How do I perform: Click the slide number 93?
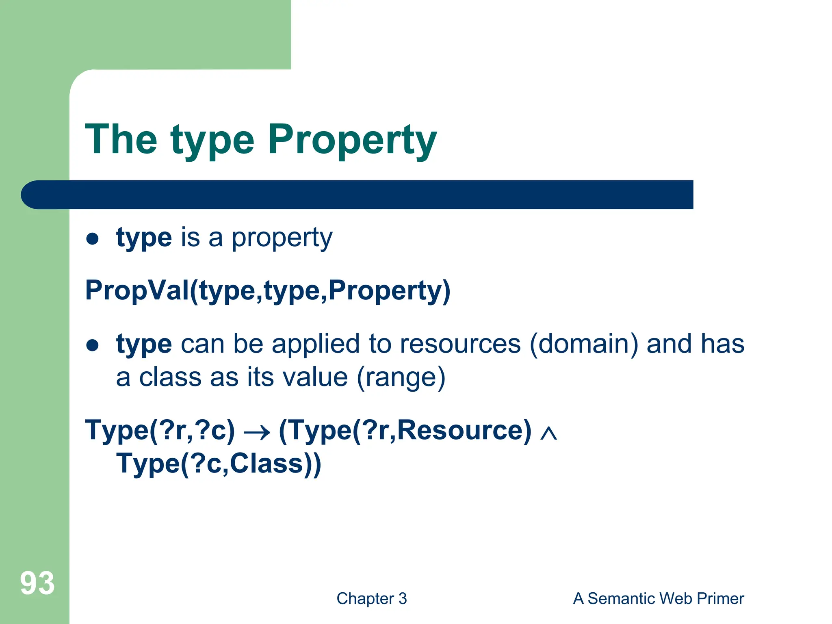37,583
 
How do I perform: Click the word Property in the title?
352,140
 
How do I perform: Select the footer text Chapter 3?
371,598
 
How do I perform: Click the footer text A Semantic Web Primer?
658,598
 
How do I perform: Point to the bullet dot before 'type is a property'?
93,239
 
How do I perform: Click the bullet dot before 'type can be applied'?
93,345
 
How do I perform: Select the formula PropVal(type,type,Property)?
268,291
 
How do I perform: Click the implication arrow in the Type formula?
257,432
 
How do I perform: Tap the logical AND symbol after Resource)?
548,433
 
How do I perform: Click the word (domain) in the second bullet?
584,344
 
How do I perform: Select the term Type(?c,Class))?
219,464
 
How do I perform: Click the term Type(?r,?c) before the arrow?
160,431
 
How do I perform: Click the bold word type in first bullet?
144,238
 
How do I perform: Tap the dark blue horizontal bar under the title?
357,195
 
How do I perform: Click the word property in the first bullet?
282,238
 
